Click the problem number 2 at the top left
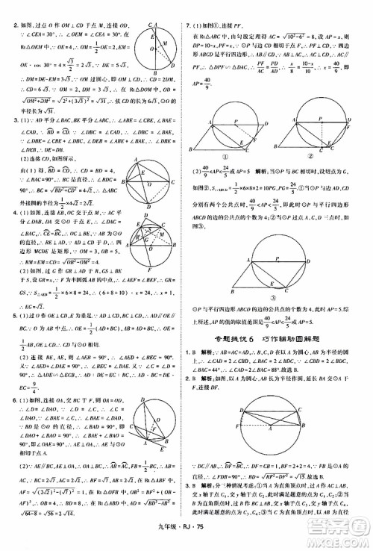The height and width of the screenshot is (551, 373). point(5,28)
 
